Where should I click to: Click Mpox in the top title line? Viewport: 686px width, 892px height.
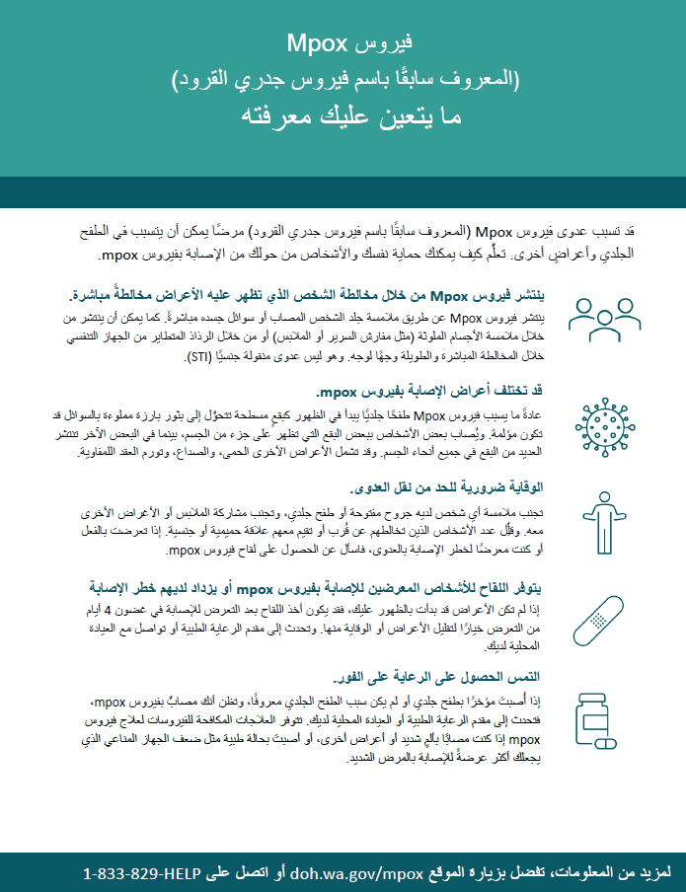(x=317, y=43)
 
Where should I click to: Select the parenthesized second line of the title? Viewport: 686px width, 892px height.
(x=343, y=79)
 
